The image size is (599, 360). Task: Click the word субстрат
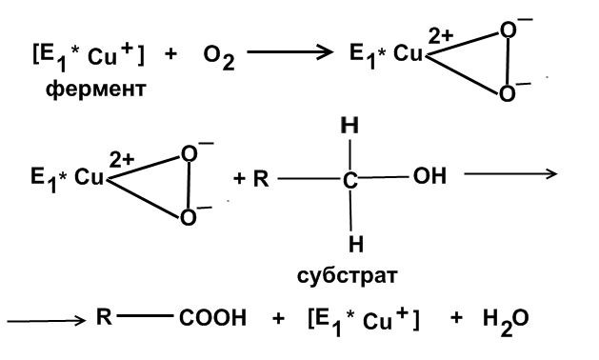tap(348, 276)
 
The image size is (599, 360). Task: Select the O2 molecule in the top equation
tap(219, 58)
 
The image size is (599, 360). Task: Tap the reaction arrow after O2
tap(290, 52)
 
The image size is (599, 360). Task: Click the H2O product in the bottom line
tap(506, 322)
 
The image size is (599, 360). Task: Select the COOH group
tap(212, 318)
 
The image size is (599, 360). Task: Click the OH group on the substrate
tap(429, 176)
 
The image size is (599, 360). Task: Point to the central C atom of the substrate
tap(349, 180)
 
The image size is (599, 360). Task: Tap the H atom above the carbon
tap(349, 125)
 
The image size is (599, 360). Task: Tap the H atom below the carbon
tap(355, 244)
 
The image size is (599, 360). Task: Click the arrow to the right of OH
tap(510, 174)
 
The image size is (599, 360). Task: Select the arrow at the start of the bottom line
tap(47, 320)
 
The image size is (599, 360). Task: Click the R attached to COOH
tap(104, 316)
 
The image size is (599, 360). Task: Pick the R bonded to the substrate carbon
tap(261, 178)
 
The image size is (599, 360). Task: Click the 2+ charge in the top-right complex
tap(441, 36)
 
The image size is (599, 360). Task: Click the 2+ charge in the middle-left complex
tap(122, 160)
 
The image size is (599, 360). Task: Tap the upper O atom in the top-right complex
tap(509, 30)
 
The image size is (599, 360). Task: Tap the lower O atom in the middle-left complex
tap(188, 218)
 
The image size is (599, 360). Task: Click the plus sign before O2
tap(170, 53)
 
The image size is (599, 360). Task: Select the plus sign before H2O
tap(456, 317)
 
